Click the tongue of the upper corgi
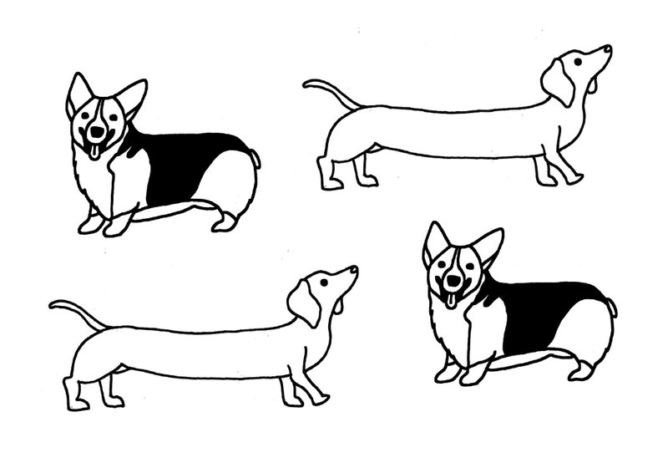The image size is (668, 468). pyautogui.click(x=95, y=151)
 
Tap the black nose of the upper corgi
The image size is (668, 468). pyautogui.click(x=98, y=131)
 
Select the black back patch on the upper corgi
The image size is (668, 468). pyautogui.click(x=188, y=163)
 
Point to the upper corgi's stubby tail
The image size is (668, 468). pyautogui.click(x=255, y=157)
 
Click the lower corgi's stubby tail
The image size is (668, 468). pyautogui.click(x=612, y=307)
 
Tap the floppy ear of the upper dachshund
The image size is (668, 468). pyautogui.click(x=557, y=81)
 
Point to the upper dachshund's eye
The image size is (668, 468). pyautogui.click(x=578, y=62)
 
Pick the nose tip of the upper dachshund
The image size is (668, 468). pyautogui.click(x=607, y=49)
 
